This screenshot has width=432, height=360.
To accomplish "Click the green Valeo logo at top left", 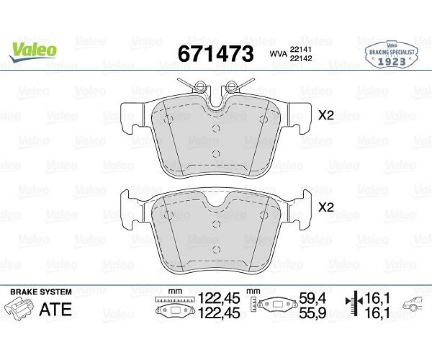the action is [x=33, y=51].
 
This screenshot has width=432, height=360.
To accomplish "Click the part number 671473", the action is [x=216, y=54].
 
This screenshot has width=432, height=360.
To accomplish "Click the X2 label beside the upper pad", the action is [x=326, y=115].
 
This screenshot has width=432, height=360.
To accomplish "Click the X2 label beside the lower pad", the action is [x=326, y=207].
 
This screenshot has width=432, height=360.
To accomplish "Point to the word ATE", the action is [x=56, y=309].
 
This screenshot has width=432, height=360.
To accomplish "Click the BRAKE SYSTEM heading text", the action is [x=41, y=292].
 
